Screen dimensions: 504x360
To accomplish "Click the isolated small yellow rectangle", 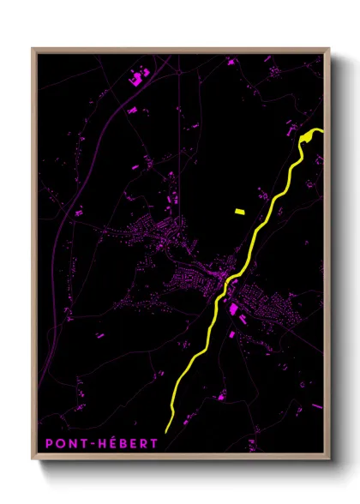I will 239,209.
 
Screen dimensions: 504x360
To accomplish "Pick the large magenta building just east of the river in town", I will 233,308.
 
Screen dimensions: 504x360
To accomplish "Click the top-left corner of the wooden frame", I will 33,49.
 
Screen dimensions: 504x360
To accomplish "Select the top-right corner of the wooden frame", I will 329,49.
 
